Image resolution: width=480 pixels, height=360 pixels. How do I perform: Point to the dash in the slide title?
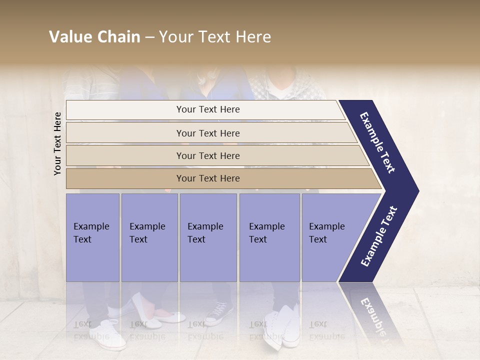coord(149,37)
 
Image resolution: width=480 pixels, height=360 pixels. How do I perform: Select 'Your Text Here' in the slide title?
coord(215,37)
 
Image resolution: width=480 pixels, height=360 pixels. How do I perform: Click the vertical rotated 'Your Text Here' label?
coord(57,143)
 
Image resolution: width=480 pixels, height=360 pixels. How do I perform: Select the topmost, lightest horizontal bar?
coord(207,109)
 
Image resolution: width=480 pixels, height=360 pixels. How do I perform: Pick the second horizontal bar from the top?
coord(207,133)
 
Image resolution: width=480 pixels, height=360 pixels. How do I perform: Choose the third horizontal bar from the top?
coord(207,155)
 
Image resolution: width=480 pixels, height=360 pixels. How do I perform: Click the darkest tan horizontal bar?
coord(207,178)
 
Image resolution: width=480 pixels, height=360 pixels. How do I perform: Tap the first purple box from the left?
coord(92,237)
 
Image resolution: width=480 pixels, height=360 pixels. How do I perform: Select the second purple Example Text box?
coord(149,237)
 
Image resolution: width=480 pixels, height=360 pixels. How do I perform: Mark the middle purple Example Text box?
coord(208,237)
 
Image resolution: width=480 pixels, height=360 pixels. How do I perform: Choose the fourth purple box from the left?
coord(269,237)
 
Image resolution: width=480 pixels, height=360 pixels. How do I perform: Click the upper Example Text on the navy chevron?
coord(377,142)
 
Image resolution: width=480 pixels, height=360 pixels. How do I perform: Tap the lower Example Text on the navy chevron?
coord(379,236)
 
